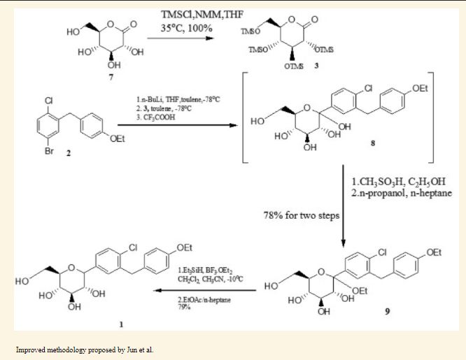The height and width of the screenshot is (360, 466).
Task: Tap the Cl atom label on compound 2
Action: (x=49, y=100)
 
